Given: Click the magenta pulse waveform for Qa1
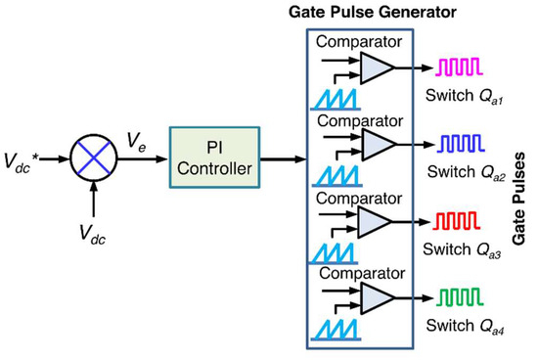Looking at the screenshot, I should click(455, 67).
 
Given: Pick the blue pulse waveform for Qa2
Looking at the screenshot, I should click(455, 145).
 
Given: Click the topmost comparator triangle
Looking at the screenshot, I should click(377, 67).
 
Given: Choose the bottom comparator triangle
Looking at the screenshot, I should click(377, 295).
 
